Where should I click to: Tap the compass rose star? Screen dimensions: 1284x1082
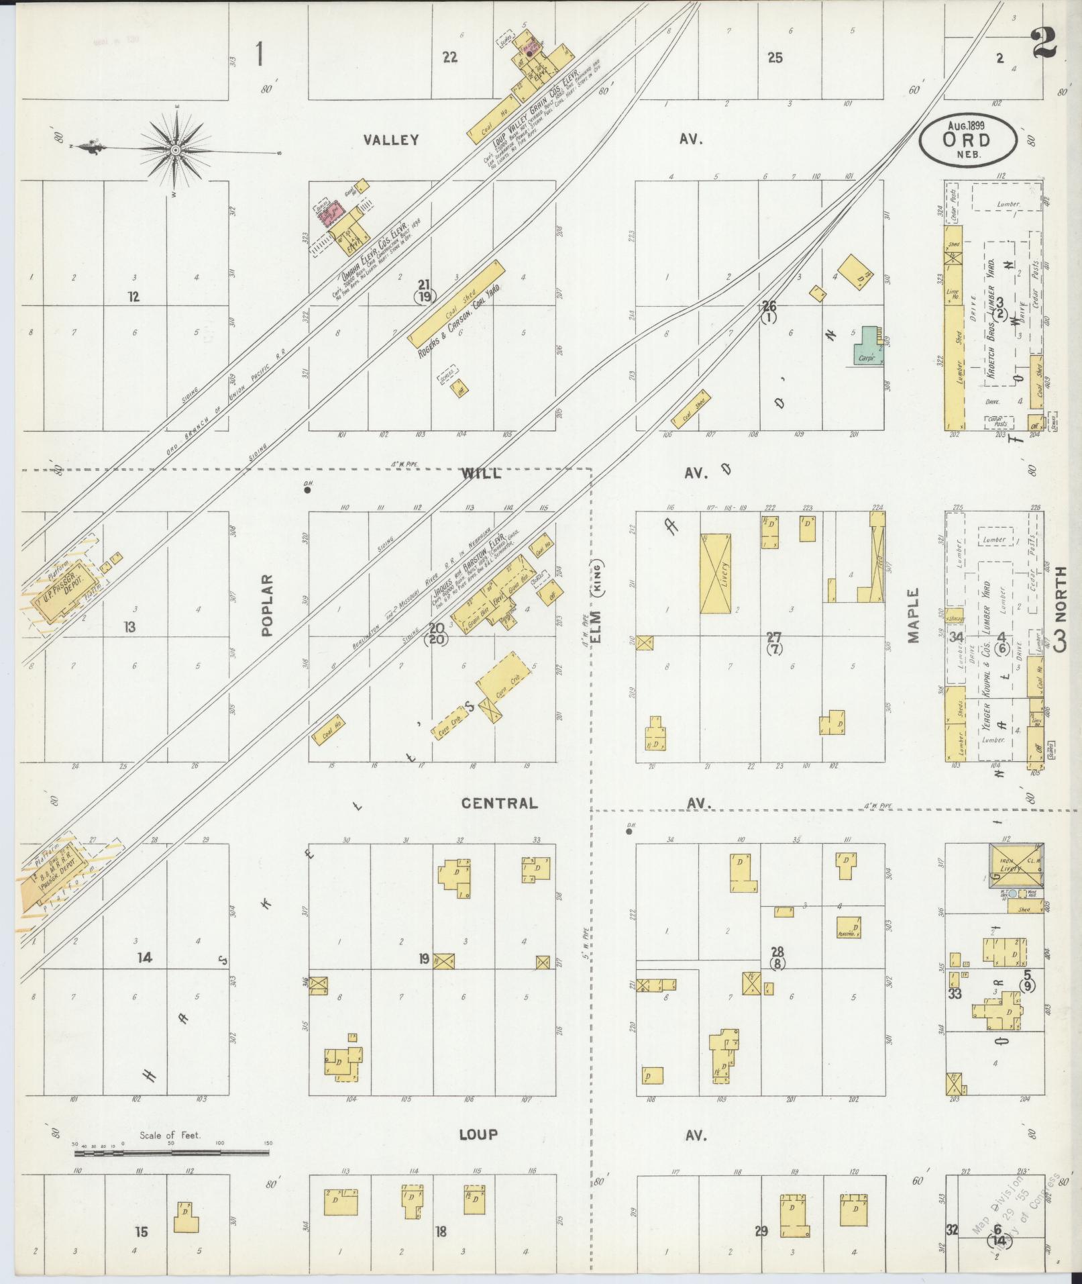(175, 149)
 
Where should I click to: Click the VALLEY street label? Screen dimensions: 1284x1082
(391, 140)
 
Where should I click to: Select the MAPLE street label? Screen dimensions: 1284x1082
(914, 615)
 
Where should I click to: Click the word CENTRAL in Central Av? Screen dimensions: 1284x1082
(499, 803)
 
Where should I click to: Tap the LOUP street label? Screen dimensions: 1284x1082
(478, 1135)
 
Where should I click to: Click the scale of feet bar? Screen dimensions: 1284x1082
(171, 1153)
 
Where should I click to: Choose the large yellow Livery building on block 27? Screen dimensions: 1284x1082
(715, 573)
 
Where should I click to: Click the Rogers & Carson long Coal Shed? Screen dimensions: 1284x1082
(457, 303)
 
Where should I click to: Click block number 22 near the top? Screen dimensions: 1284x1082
(449, 58)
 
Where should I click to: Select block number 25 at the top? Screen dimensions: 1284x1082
(775, 58)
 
